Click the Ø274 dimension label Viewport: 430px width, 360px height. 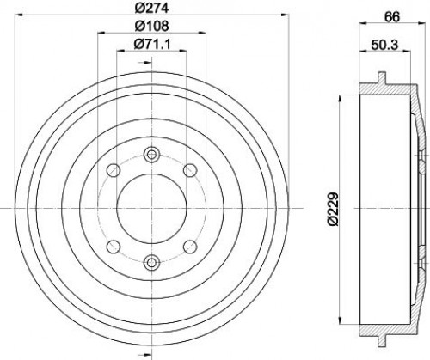pos(151,8)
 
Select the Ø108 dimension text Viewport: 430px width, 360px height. pos(151,26)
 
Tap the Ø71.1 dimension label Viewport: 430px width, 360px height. pos(152,44)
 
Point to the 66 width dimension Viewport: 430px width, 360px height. pos(392,17)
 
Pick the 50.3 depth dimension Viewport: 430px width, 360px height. pos(384,45)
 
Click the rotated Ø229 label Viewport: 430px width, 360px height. pos(334,210)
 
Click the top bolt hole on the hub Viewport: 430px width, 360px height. pos(151,155)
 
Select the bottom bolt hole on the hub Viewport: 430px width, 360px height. pos(151,262)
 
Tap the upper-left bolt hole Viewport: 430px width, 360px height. pos(113,170)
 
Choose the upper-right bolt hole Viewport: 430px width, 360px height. pos(190,170)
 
